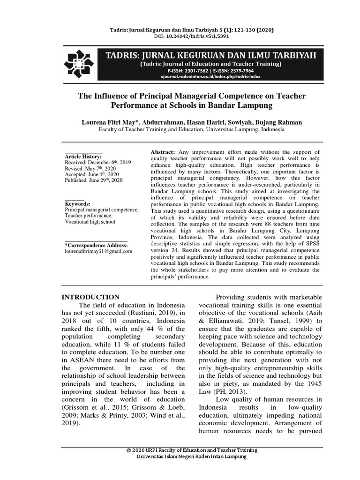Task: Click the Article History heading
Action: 83,156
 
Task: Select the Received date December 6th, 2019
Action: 97,163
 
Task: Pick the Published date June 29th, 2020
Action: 93,180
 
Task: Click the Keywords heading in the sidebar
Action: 77,204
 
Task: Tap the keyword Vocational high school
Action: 90,222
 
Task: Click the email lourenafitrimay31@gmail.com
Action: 98,251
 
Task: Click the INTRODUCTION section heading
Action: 91,297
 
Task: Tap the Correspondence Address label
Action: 96,245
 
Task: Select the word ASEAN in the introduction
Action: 83,360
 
